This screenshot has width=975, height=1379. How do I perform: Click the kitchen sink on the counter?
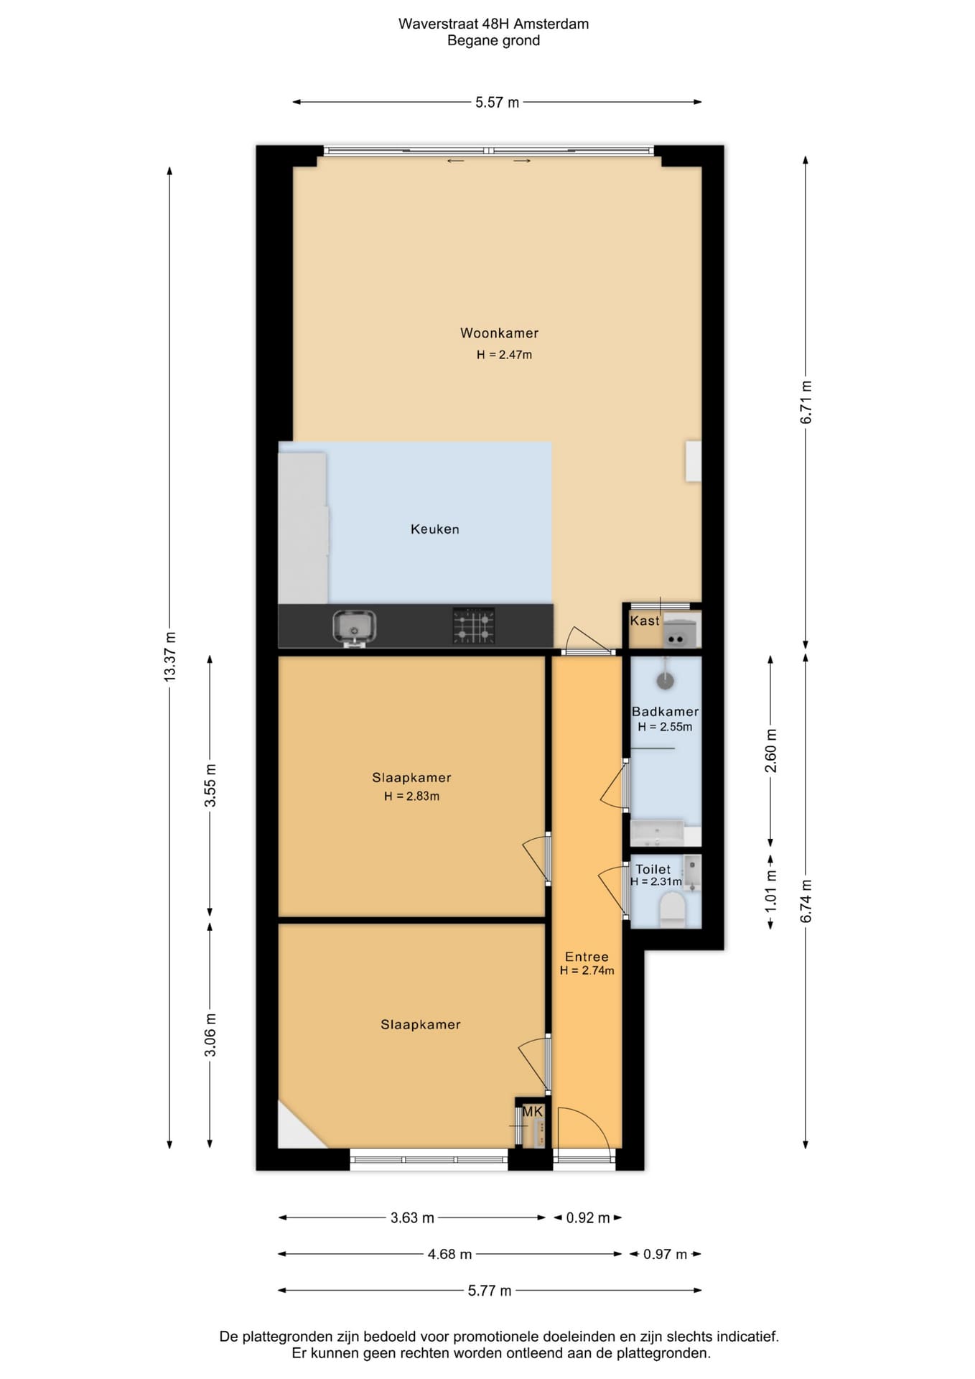[x=354, y=627]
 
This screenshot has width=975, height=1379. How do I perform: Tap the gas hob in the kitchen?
[x=473, y=626]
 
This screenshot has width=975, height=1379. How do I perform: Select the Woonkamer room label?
[x=499, y=333]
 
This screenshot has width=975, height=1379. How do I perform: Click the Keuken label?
[x=434, y=529]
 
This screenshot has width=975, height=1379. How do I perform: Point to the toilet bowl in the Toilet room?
[x=672, y=909]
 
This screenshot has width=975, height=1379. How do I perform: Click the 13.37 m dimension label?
[x=170, y=656]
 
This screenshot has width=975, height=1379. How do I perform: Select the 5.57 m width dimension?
[x=497, y=103]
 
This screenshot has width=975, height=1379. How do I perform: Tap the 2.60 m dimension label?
[x=770, y=751]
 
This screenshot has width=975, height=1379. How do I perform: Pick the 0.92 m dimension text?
[x=588, y=1218]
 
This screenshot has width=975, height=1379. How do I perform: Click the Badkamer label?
[x=665, y=712]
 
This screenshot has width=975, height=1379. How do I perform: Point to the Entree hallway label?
[x=587, y=957]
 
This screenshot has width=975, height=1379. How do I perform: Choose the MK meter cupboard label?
[x=532, y=1112]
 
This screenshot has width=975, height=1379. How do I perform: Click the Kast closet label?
[x=644, y=621]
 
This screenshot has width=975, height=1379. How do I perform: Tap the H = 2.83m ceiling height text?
[x=411, y=796]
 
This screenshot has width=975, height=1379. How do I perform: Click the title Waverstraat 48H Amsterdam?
[x=494, y=24]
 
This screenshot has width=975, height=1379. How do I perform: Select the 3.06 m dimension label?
[x=210, y=1035]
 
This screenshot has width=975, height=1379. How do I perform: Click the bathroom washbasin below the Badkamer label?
[x=657, y=833]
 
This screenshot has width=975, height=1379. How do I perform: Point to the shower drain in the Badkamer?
[x=666, y=680]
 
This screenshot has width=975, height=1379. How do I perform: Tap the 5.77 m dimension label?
[x=490, y=1291]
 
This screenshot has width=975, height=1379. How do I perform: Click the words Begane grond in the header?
[x=494, y=41]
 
